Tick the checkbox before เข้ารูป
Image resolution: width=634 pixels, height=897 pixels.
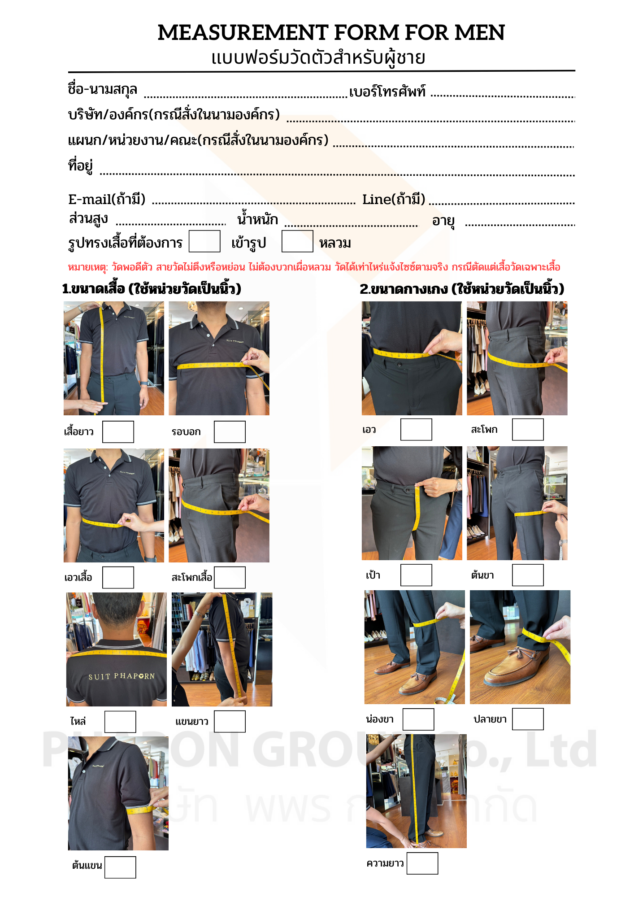click(204, 241)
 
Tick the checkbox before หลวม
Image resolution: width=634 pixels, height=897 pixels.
click(297, 241)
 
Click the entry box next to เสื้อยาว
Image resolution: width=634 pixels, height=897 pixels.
click(118, 432)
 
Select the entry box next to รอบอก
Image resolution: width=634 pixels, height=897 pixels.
click(230, 432)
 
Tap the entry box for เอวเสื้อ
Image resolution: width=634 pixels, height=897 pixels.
click(118, 577)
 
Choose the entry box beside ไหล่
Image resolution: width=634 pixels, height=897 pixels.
click(120, 722)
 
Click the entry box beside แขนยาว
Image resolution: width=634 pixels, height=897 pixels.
click(230, 722)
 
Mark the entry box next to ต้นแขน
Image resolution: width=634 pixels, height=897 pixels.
click(120, 867)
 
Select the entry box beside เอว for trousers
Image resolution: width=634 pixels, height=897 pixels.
click(416, 430)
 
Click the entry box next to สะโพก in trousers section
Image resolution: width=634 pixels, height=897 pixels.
click(528, 430)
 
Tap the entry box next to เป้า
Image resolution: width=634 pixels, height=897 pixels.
click(416, 575)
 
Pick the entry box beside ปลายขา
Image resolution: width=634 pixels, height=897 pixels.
click(528, 719)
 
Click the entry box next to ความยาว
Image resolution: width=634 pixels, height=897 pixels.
click(422, 863)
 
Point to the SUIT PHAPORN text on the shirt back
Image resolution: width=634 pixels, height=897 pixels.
click(122, 676)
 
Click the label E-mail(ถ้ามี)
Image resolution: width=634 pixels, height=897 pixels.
click(107, 199)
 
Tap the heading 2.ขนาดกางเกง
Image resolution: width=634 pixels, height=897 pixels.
click(462, 289)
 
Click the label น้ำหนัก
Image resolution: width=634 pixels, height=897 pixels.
click(257, 219)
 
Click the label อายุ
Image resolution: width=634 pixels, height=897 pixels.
click(443, 221)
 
